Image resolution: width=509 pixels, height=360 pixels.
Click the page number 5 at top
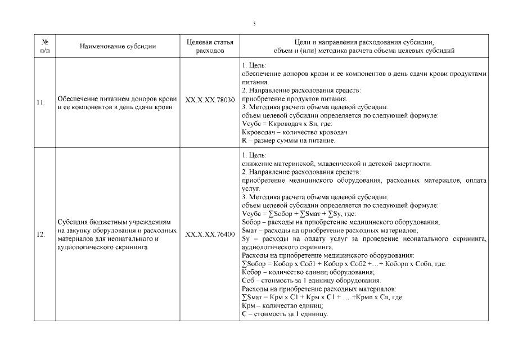pyautogui.click(x=254, y=24)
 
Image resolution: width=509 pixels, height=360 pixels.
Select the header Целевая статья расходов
pyautogui.click(x=209, y=47)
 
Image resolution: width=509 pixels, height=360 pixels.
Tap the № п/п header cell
pyautogui.click(x=44, y=47)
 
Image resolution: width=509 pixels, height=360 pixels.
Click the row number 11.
pyautogui.click(x=40, y=103)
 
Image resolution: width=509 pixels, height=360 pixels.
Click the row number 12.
pyautogui.click(x=40, y=235)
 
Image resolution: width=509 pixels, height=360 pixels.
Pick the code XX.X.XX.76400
pyautogui.click(x=209, y=235)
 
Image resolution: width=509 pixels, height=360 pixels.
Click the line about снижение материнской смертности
pyautogui.click(x=336, y=164)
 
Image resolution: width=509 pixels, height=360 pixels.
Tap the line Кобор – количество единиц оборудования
pyautogui.click(x=299, y=272)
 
